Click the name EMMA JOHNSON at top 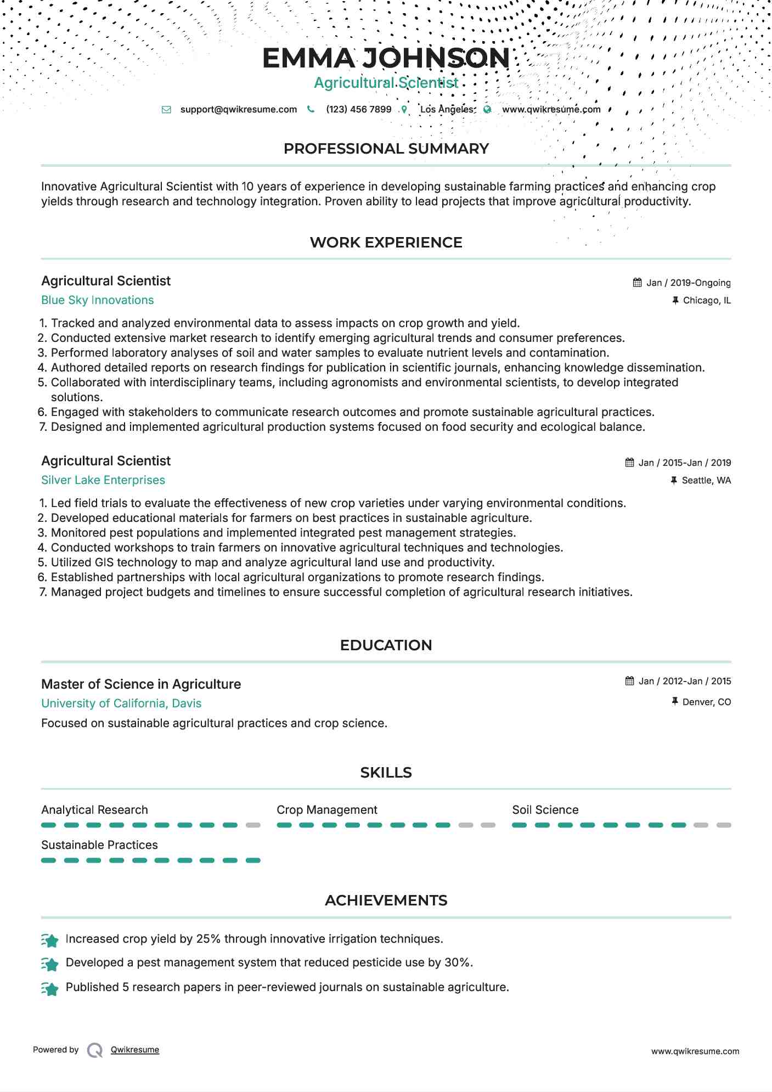tap(386, 58)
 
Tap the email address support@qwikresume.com tap(238, 109)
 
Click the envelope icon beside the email tap(166, 109)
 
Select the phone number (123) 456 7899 tap(358, 109)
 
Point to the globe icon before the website tap(487, 109)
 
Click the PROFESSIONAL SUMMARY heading tap(386, 149)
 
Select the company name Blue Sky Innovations tap(98, 300)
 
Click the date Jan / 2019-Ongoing tap(688, 283)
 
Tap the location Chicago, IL tap(707, 300)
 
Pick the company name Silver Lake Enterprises tap(103, 480)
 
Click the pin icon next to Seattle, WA tap(674, 480)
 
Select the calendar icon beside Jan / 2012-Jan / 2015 tap(629, 681)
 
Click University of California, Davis tap(121, 703)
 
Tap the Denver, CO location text tap(707, 702)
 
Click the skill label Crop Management tap(327, 810)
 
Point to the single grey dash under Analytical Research tap(253, 825)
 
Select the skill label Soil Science tap(545, 810)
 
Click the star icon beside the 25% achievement tap(50, 941)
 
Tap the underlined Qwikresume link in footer tap(135, 1050)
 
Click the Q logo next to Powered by tap(95, 1050)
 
